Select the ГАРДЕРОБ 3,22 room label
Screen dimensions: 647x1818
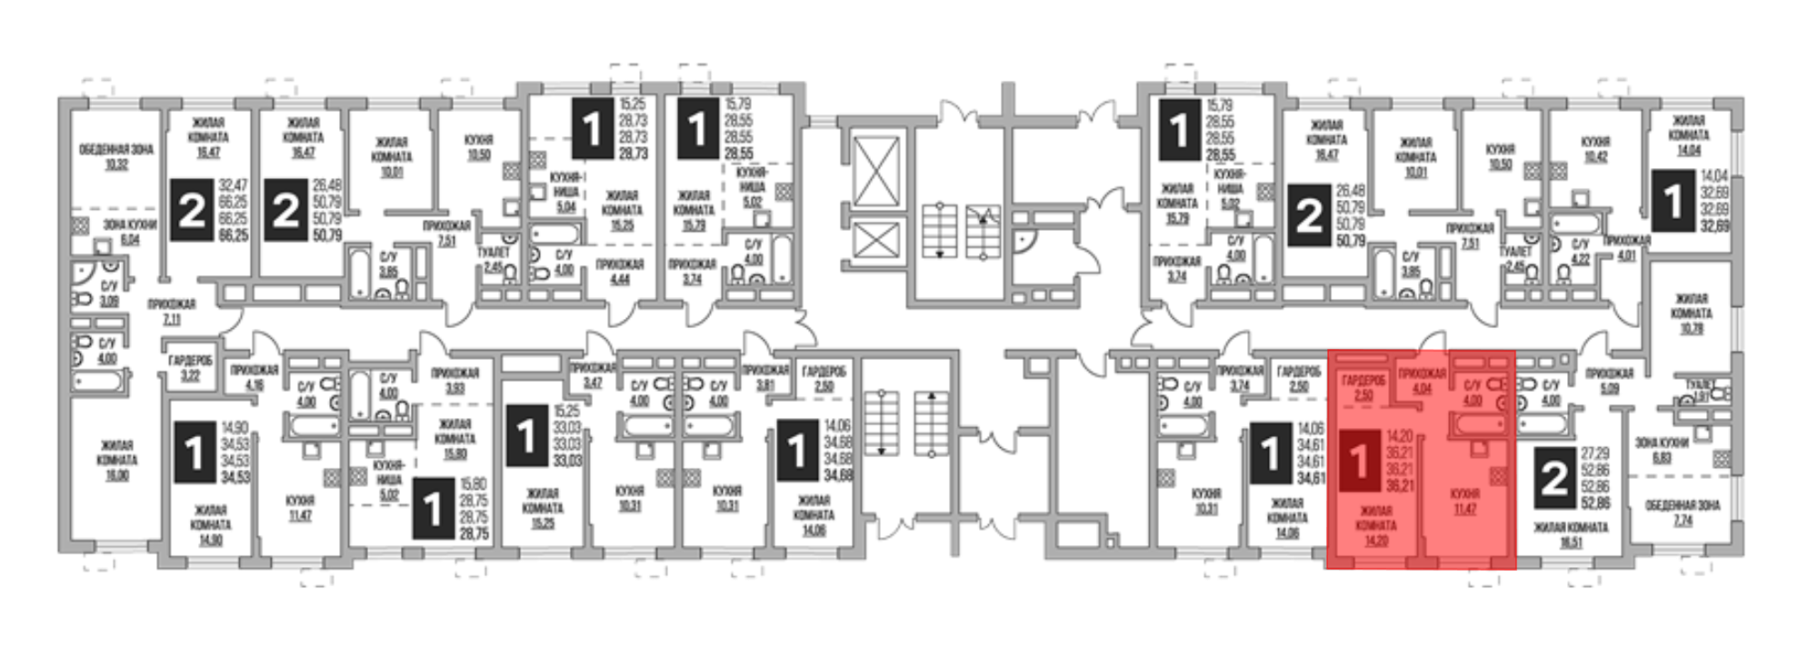tap(190, 366)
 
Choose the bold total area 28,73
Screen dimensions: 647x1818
tap(633, 155)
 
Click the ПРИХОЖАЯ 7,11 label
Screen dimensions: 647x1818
tap(171, 312)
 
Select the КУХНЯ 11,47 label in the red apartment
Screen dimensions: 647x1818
tap(1464, 501)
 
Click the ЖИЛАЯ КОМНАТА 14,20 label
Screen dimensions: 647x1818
tap(1375, 525)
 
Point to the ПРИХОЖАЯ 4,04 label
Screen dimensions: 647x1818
tap(1422, 380)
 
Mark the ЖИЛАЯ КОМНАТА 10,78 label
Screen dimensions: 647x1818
tap(1691, 313)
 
